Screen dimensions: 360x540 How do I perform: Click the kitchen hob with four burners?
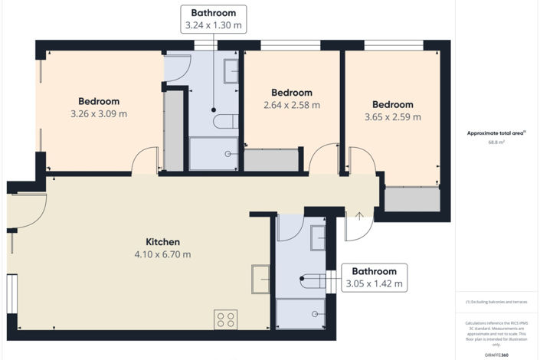(x=225, y=319)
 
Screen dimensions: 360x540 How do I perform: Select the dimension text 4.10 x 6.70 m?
(x=162, y=254)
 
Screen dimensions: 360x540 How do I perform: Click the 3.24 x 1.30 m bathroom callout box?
(x=214, y=19)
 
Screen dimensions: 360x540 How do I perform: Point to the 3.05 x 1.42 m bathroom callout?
(x=374, y=277)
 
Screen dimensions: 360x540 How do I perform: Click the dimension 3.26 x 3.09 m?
(x=99, y=114)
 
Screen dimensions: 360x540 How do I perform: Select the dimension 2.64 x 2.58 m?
(x=291, y=105)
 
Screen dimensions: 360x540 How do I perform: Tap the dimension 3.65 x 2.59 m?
(x=392, y=117)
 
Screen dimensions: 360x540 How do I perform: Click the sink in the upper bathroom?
(x=231, y=71)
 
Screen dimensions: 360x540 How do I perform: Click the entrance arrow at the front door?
(x=358, y=216)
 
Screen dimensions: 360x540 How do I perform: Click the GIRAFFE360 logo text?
(x=496, y=355)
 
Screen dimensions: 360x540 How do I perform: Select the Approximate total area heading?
(x=496, y=133)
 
